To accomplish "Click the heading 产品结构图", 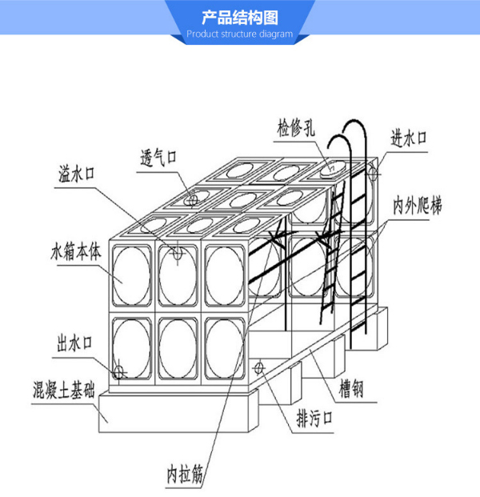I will pos(239,18).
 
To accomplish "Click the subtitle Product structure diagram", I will pos(239,34).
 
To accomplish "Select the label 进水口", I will pos(409,137).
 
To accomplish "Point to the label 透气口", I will pos(156,158).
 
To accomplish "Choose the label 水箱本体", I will pos(78,251).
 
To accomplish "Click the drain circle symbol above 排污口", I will pos(258,368).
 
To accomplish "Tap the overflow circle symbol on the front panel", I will pos(178,254).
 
